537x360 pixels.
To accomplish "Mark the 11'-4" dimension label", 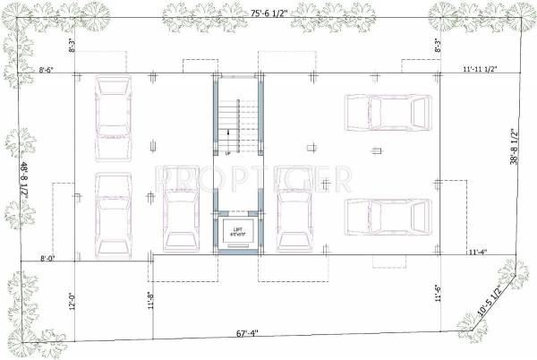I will pyautogui.click(x=476, y=253).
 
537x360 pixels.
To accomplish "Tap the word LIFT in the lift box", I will pyautogui.click(x=238, y=230).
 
